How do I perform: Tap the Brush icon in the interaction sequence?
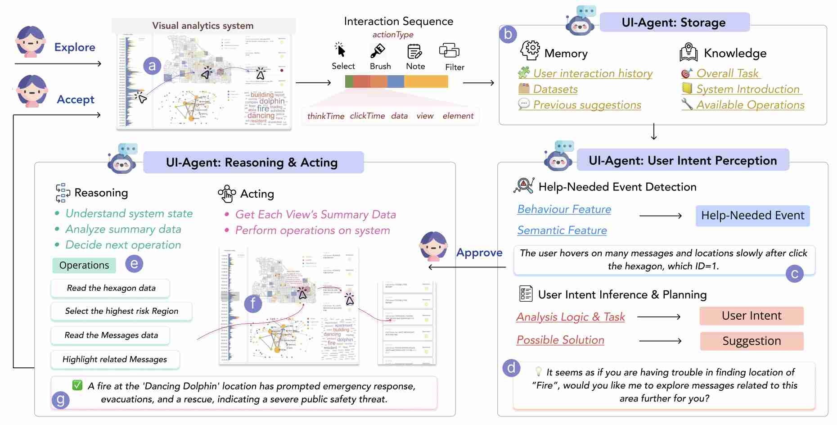click(378, 50)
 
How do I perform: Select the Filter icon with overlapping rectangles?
click(449, 50)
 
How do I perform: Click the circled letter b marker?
click(508, 34)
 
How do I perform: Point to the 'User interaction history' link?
click(593, 73)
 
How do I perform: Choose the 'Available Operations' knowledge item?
click(750, 105)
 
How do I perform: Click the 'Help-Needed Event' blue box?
click(752, 216)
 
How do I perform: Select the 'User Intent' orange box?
click(751, 316)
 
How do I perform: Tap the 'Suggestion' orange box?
click(751, 341)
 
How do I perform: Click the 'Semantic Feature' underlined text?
click(562, 231)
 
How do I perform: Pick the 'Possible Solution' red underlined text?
click(560, 340)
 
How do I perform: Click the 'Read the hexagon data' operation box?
click(111, 288)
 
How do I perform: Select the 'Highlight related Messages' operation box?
click(115, 359)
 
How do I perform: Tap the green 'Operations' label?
click(84, 266)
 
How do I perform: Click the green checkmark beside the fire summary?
click(77, 385)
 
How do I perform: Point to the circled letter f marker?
click(253, 303)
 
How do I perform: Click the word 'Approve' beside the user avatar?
click(479, 253)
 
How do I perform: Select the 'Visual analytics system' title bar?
click(203, 26)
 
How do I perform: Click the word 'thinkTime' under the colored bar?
click(326, 116)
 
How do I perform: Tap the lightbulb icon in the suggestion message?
click(538, 372)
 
